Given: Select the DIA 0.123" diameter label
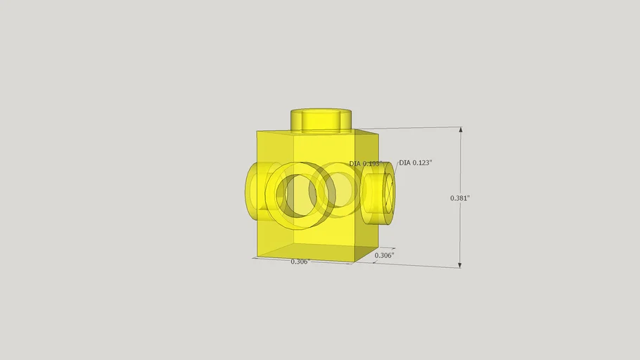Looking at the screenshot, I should click(416, 162).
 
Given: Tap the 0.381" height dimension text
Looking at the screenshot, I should click(460, 198).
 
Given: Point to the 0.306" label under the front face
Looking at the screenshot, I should click(300, 262).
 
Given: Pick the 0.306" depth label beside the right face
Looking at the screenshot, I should click(385, 255).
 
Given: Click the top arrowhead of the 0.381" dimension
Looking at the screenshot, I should click(461, 131).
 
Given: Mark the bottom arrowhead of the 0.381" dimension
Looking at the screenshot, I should click(461, 264).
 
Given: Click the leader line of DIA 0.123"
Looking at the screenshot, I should click(395, 168).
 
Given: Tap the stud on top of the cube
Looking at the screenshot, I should click(321, 119).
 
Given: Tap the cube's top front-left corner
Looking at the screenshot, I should click(257, 131).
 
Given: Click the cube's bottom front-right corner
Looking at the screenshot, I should click(353, 262).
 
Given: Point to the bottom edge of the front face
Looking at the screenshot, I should click(306, 260).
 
